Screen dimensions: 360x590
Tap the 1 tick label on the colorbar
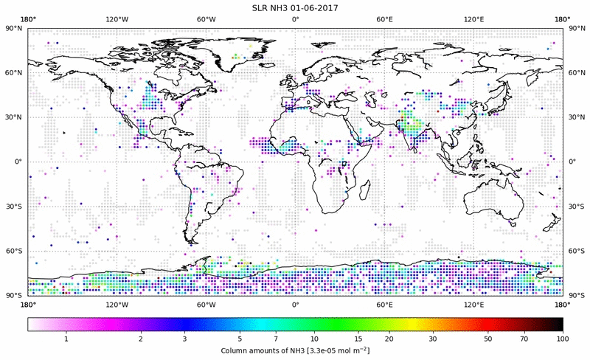(x=66, y=338)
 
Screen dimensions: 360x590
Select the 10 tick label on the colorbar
(x=314, y=338)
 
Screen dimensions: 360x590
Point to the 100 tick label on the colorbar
(x=562, y=338)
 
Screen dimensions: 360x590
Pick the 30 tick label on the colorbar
(x=433, y=338)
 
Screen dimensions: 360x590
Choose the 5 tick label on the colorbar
(x=240, y=338)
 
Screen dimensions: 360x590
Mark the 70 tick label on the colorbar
(x=524, y=338)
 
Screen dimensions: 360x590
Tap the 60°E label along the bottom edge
(x=384, y=304)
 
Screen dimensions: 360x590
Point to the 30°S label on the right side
(x=576, y=207)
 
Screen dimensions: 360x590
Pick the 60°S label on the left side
(x=14, y=252)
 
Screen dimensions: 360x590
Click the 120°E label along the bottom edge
(x=473, y=304)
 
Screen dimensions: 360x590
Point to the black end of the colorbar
(x=558, y=324)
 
